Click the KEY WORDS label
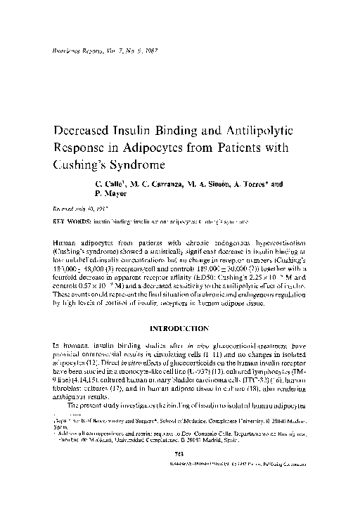[68, 220]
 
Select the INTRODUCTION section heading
[179, 328]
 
